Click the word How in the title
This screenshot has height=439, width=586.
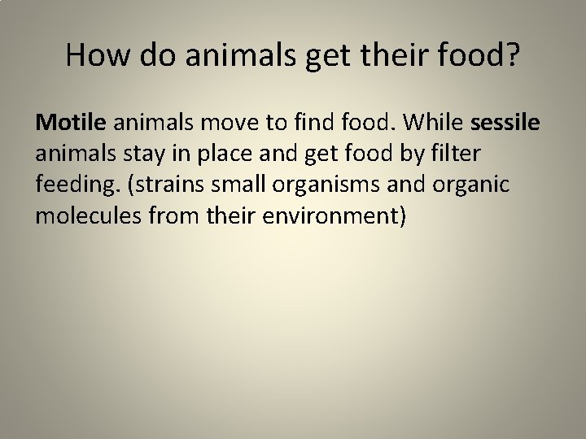(x=94, y=54)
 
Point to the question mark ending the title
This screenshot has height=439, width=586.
(x=510, y=54)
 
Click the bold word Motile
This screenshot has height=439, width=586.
(x=71, y=122)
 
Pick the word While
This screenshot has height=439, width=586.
(x=436, y=122)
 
